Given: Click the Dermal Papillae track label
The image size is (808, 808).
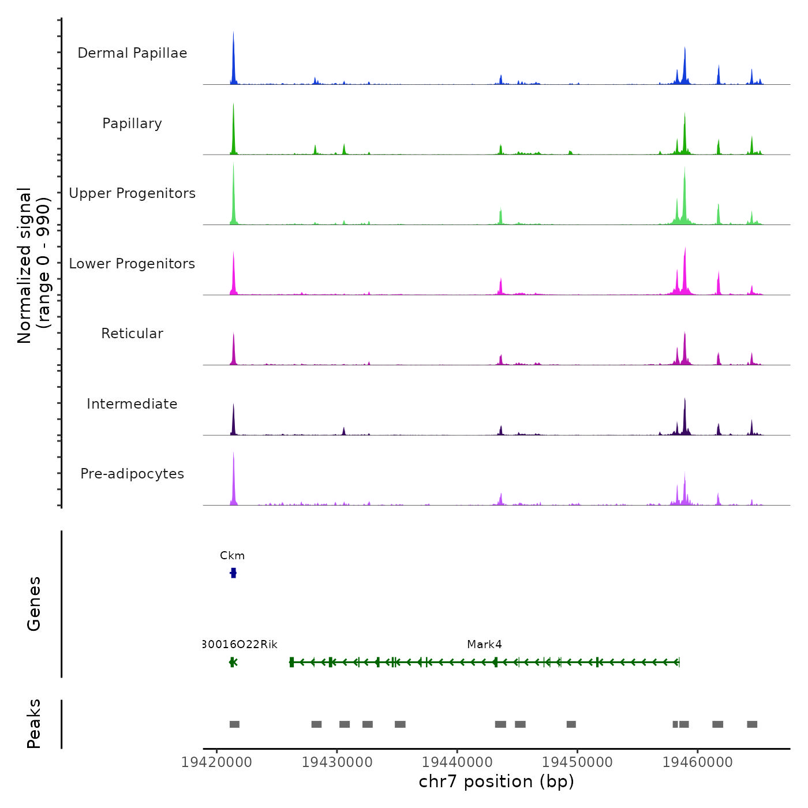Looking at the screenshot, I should click(132, 53).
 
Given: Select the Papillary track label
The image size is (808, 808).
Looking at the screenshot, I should click(132, 124).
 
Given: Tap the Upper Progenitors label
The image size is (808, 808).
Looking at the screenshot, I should click(132, 193).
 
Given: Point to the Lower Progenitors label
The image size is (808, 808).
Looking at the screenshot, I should click(132, 264).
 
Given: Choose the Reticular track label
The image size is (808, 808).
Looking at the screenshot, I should click(132, 334).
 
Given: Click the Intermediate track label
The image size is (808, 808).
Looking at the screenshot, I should click(132, 404).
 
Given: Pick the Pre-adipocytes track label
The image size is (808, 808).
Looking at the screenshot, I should click(132, 474).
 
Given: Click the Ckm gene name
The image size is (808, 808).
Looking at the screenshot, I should click(232, 556).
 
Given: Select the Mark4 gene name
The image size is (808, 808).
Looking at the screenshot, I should click(484, 645).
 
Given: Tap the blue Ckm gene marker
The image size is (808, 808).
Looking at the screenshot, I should click(233, 573).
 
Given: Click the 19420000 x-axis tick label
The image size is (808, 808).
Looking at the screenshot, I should click(216, 762).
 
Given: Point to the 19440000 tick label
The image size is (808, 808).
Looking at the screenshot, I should click(457, 762).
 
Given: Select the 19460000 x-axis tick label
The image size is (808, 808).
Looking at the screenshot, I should click(698, 762).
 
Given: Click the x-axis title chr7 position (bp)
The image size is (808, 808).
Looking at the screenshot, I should click(496, 781).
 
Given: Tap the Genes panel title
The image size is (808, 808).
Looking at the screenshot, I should click(33, 604).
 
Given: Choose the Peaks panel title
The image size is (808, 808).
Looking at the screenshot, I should click(33, 724).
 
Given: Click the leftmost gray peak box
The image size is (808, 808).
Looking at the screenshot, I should click(234, 724).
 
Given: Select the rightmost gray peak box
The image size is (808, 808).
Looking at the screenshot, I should click(752, 724).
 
